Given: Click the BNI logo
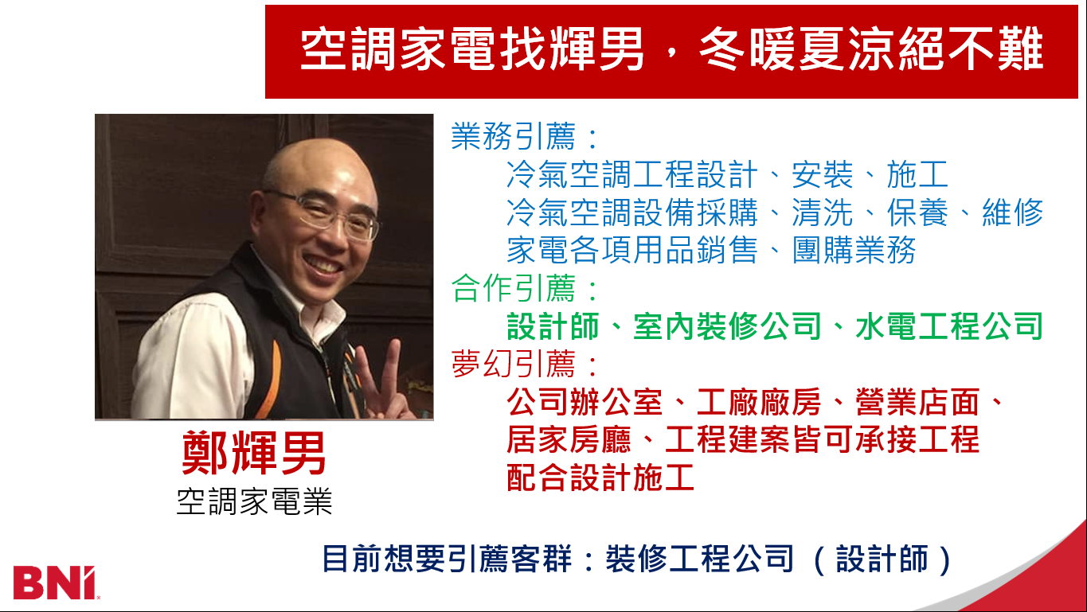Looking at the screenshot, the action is click(x=55, y=583).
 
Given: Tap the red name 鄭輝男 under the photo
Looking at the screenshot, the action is click(x=254, y=453).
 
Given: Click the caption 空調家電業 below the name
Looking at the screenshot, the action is click(x=254, y=501).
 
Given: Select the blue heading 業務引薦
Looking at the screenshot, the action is click(x=513, y=136).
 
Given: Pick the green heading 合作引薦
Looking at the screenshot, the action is click(x=513, y=288).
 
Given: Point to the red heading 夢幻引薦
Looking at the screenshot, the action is click(x=513, y=364).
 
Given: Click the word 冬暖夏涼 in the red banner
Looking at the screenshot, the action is click(x=797, y=49).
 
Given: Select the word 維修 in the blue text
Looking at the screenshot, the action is click(x=1013, y=212).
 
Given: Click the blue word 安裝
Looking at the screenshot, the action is click(x=822, y=174).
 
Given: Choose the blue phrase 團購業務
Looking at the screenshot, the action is click(x=854, y=250).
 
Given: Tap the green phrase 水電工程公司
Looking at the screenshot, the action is click(x=948, y=325).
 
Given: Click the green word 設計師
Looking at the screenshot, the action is click(x=553, y=325).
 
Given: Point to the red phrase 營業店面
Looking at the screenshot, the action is click(x=917, y=402).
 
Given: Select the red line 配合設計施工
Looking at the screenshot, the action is click(x=600, y=478).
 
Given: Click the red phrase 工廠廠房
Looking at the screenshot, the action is click(x=758, y=402).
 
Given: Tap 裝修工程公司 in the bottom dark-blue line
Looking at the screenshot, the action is click(x=699, y=559).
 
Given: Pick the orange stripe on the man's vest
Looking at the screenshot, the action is click(x=269, y=378).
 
